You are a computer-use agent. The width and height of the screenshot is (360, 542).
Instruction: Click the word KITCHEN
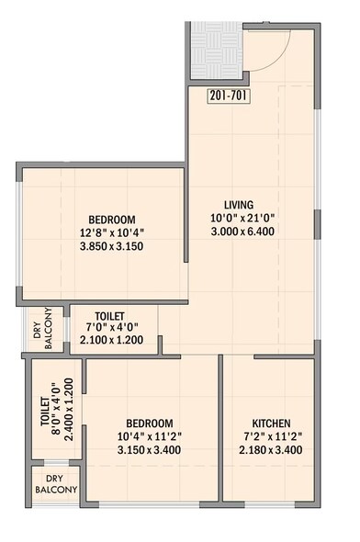tap(269, 423)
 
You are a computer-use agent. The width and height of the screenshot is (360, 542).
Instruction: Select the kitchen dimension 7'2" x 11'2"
tap(269, 437)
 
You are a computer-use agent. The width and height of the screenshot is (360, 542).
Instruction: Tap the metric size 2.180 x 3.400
tap(269, 451)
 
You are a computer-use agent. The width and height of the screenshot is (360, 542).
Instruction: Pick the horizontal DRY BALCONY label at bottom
tap(55, 483)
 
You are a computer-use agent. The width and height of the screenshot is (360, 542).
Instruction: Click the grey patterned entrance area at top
tap(217, 51)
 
